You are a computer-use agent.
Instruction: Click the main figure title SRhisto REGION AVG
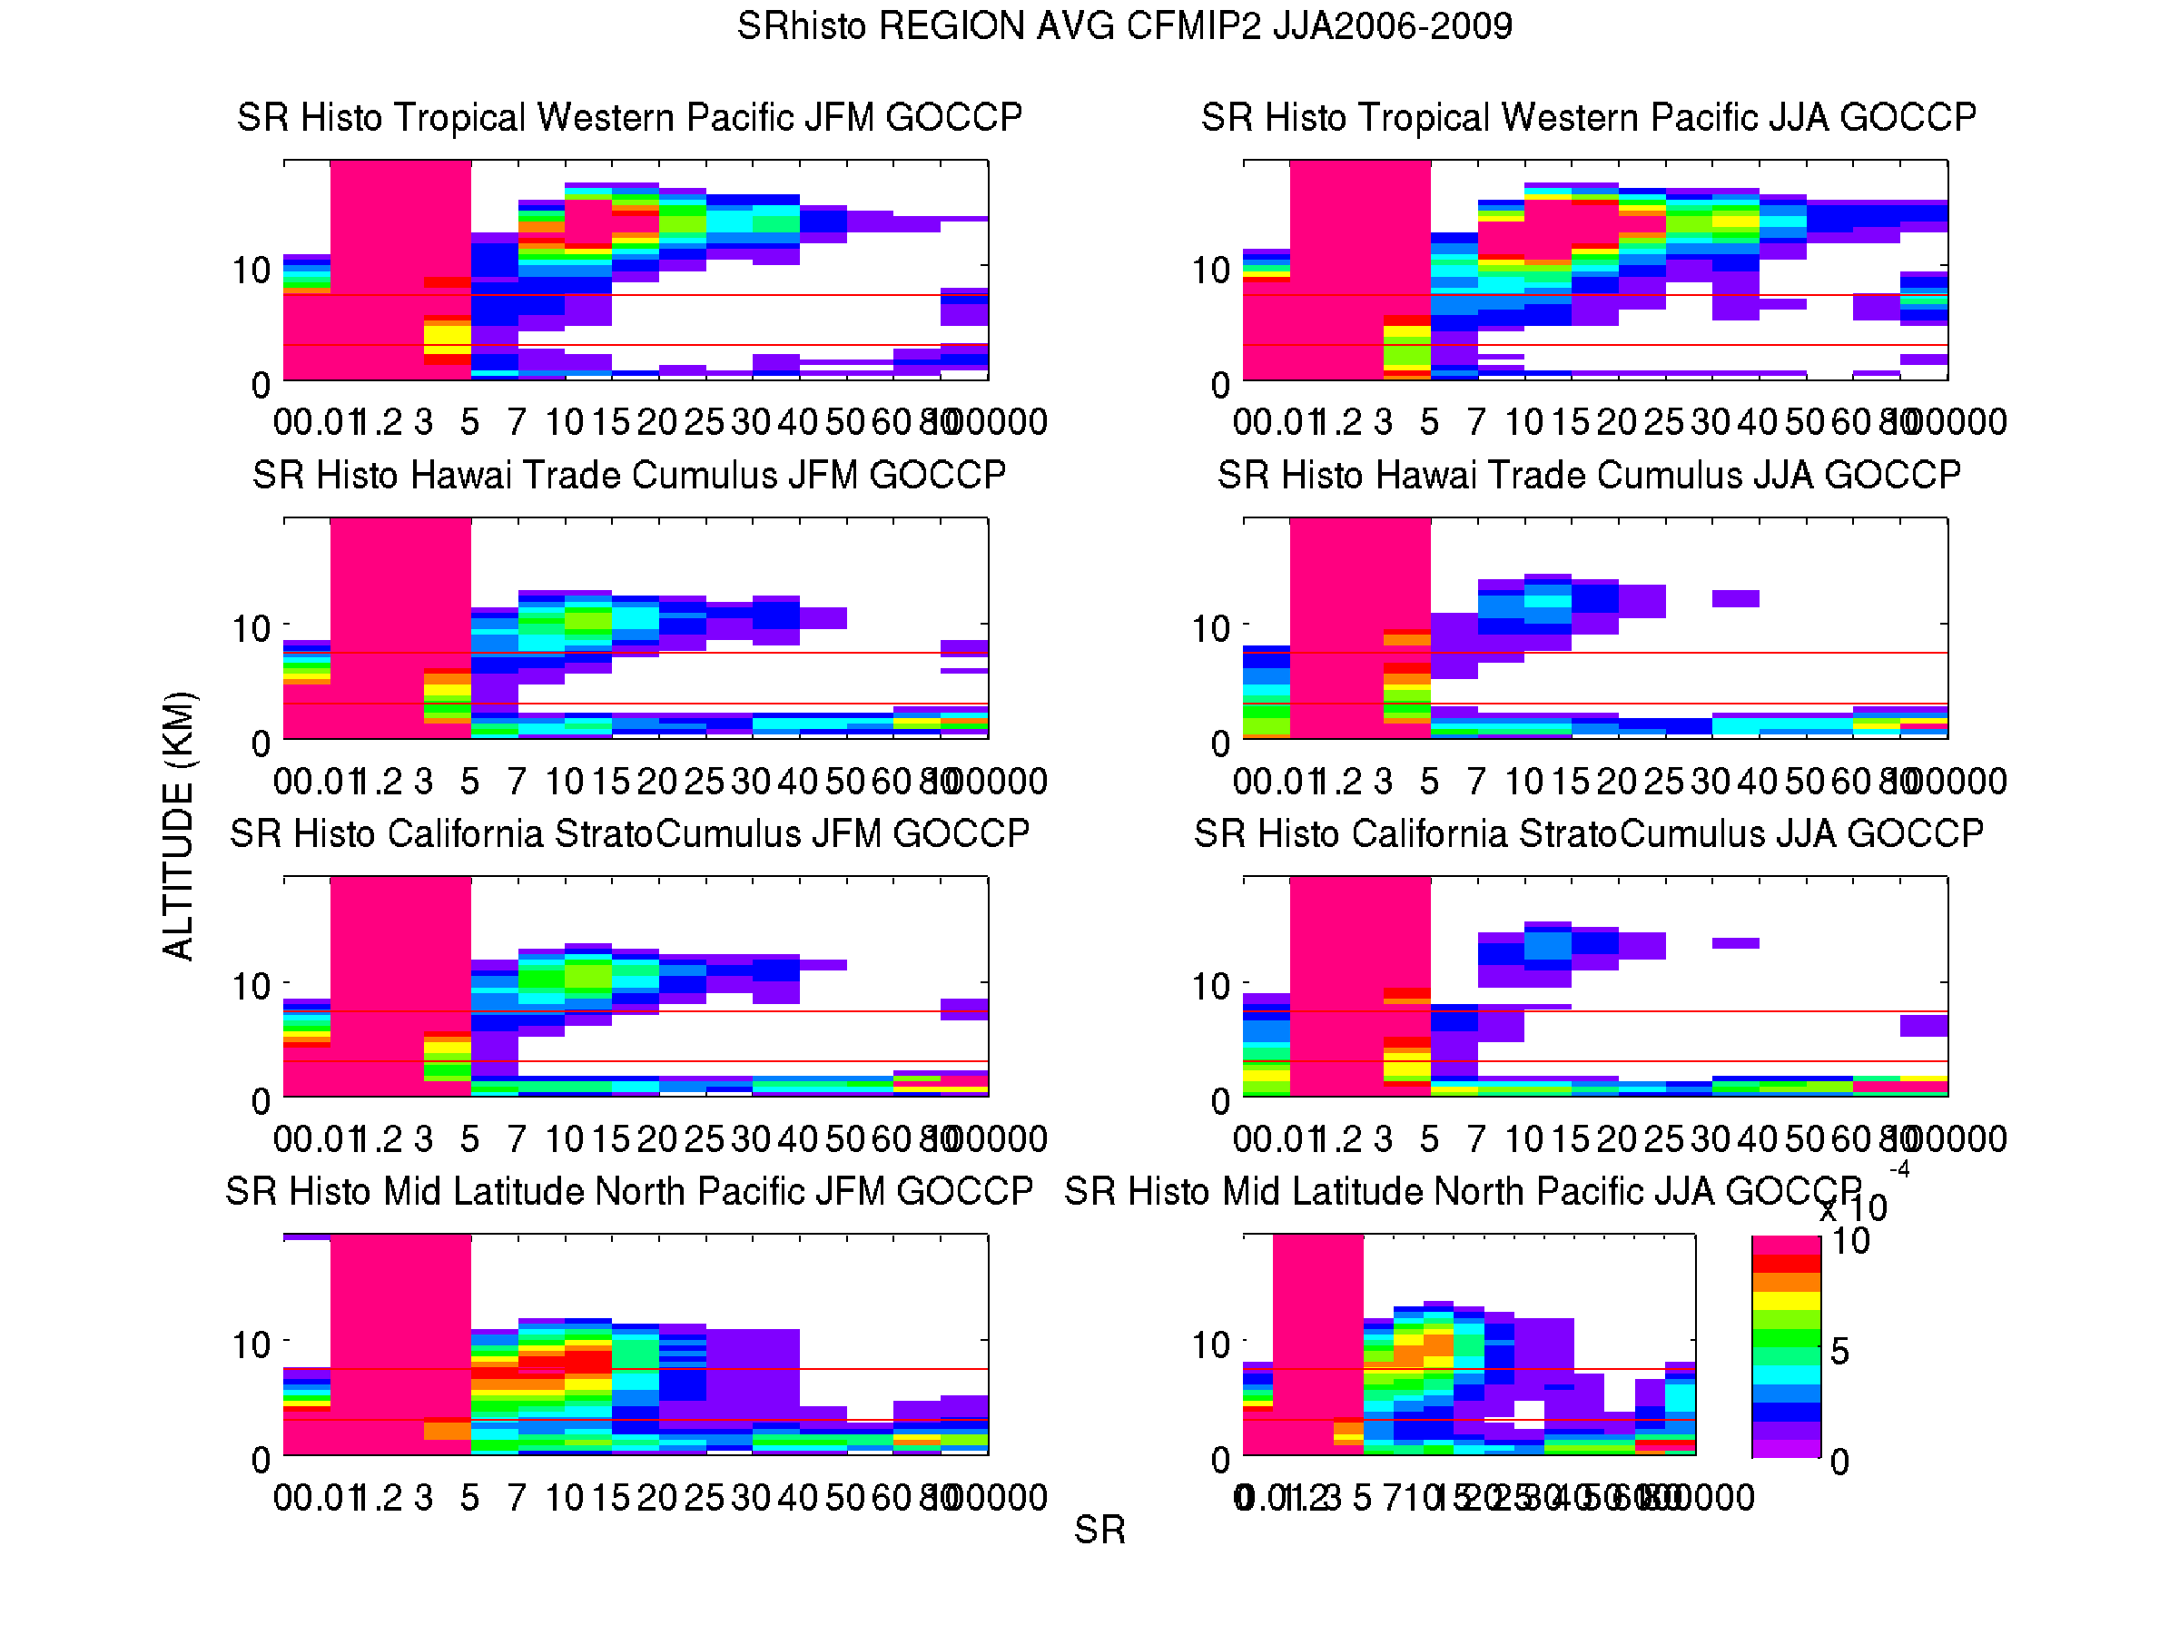(x=1124, y=25)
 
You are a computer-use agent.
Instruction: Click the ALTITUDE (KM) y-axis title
(x=179, y=825)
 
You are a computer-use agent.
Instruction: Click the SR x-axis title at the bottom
(x=1099, y=1531)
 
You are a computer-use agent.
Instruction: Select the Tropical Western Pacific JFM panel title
(x=629, y=117)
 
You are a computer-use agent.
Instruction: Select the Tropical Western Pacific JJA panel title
(x=1588, y=117)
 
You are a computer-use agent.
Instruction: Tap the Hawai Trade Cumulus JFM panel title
(x=629, y=475)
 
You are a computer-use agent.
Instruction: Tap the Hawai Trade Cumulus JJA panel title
(x=1588, y=475)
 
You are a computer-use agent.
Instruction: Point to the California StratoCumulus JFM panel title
(x=629, y=833)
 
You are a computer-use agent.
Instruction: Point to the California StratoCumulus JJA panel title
(x=1588, y=833)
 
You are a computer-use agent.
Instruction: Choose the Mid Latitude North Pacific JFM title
(x=629, y=1192)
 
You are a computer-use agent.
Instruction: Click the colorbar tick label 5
(x=1839, y=1352)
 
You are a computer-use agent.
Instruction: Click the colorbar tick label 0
(x=1839, y=1462)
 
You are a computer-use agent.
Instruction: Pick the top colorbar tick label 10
(x=1850, y=1241)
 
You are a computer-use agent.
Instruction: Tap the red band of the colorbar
(x=1785, y=1263)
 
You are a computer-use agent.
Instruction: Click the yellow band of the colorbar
(x=1785, y=1300)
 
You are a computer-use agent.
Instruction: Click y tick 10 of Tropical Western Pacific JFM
(x=251, y=270)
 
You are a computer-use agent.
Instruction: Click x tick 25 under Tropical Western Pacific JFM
(x=705, y=422)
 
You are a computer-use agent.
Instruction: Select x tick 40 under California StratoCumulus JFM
(x=797, y=1139)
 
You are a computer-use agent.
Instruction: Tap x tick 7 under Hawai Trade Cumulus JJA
(x=1474, y=781)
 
